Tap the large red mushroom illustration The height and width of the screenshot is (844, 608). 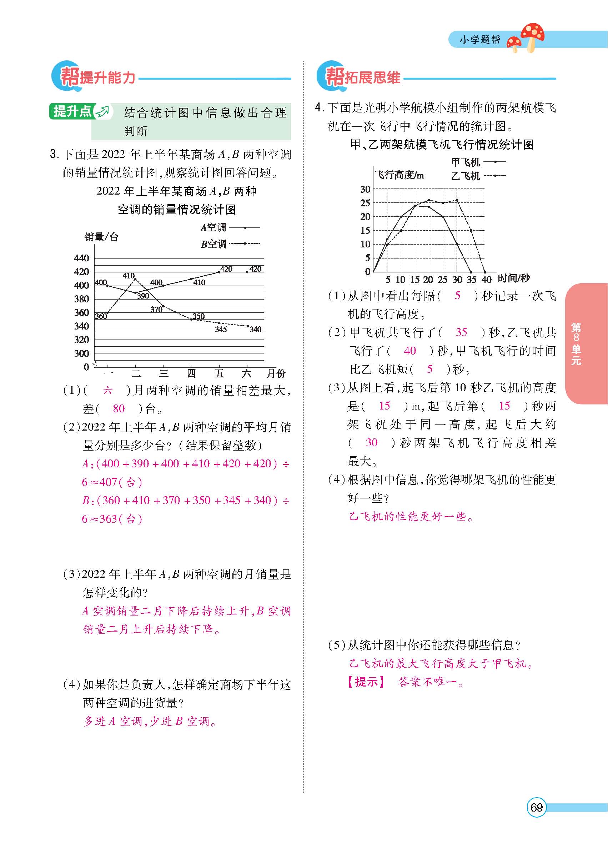coord(533,36)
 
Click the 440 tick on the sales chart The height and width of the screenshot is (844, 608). coord(81,258)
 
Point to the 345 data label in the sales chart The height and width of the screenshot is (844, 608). coord(221,329)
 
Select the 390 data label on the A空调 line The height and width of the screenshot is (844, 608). coord(143,296)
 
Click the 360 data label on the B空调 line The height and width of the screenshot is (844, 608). coord(100,316)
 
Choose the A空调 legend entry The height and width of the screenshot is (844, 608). coord(213,227)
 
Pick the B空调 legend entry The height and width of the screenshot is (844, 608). coord(213,244)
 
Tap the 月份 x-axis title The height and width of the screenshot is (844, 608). coord(276,373)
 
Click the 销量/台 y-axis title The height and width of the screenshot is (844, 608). coord(101,237)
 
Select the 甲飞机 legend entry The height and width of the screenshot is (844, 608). coord(466,162)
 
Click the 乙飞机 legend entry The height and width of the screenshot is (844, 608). coord(466,176)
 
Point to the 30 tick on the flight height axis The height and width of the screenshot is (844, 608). coord(365,189)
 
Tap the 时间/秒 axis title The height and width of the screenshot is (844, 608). coord(513,278)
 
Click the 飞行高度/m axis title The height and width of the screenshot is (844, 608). coord(399,175)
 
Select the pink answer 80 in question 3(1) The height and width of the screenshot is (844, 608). coord(118,408)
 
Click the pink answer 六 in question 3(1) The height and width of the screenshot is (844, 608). coord(107,390)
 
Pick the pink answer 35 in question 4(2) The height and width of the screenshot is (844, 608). coord(461,332)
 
